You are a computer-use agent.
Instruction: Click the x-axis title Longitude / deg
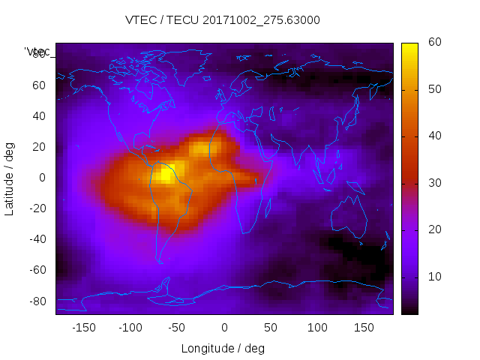coord(223,349)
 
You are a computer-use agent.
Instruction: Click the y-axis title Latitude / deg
coord(10,178)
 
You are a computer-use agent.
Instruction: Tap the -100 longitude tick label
coord(130,328)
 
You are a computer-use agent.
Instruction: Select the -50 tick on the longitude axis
coord(177,328)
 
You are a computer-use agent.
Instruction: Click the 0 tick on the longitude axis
coord(224,328)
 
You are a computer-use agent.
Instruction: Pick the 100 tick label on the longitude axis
coord(317,328)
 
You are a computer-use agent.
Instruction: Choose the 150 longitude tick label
coord(364,328)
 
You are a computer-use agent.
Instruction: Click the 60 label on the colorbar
coord(433,43)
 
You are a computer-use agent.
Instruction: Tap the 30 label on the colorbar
coord(433,183)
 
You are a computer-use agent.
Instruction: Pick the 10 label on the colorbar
coord(433,277)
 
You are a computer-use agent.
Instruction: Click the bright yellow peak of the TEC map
coord(166,174)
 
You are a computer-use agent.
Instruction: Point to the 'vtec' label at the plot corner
coord(37,52)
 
